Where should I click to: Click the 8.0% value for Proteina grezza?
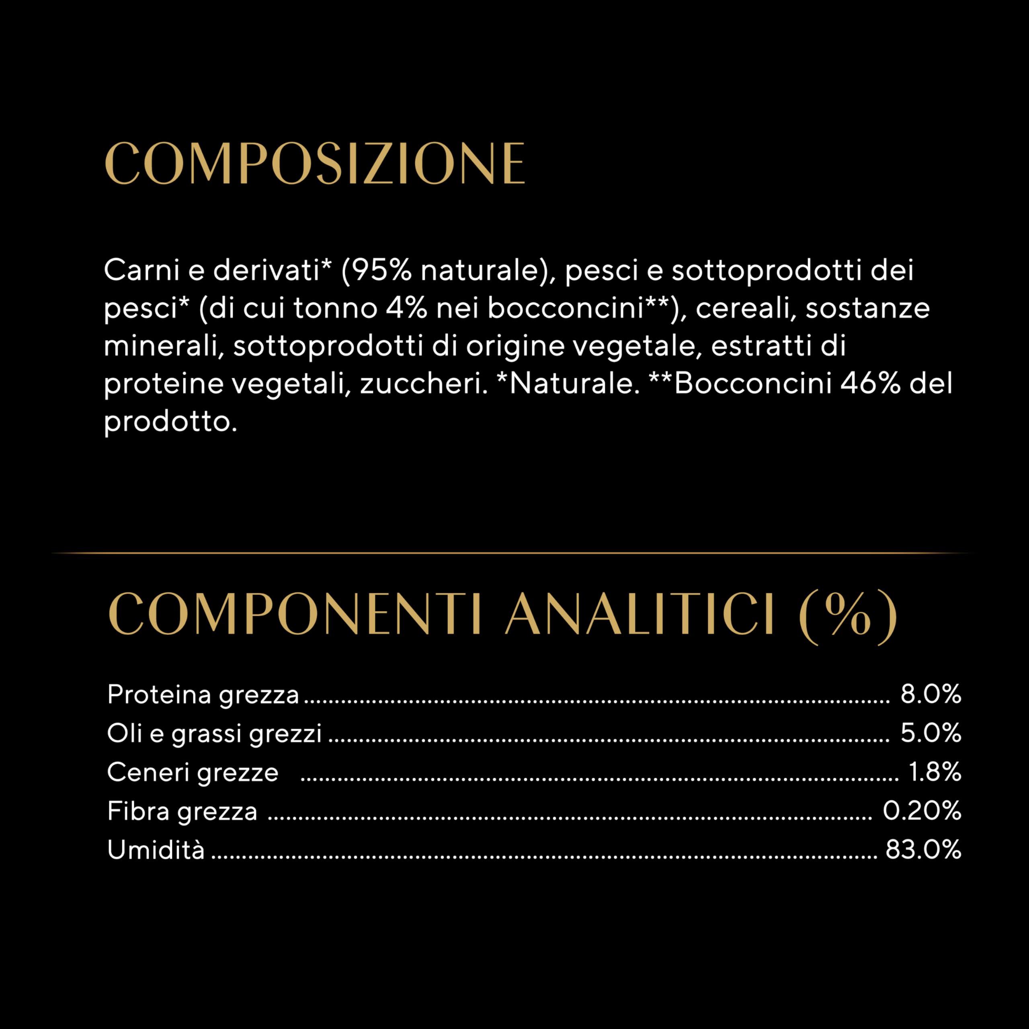point(931,695)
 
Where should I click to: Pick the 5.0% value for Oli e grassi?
point(931,734)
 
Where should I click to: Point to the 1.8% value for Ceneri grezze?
point(935,772)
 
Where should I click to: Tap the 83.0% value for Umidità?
point(923,849)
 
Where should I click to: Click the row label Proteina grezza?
point(203,695)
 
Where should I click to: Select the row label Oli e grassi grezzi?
point(214,734)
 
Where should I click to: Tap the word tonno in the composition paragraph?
point(336,308)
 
